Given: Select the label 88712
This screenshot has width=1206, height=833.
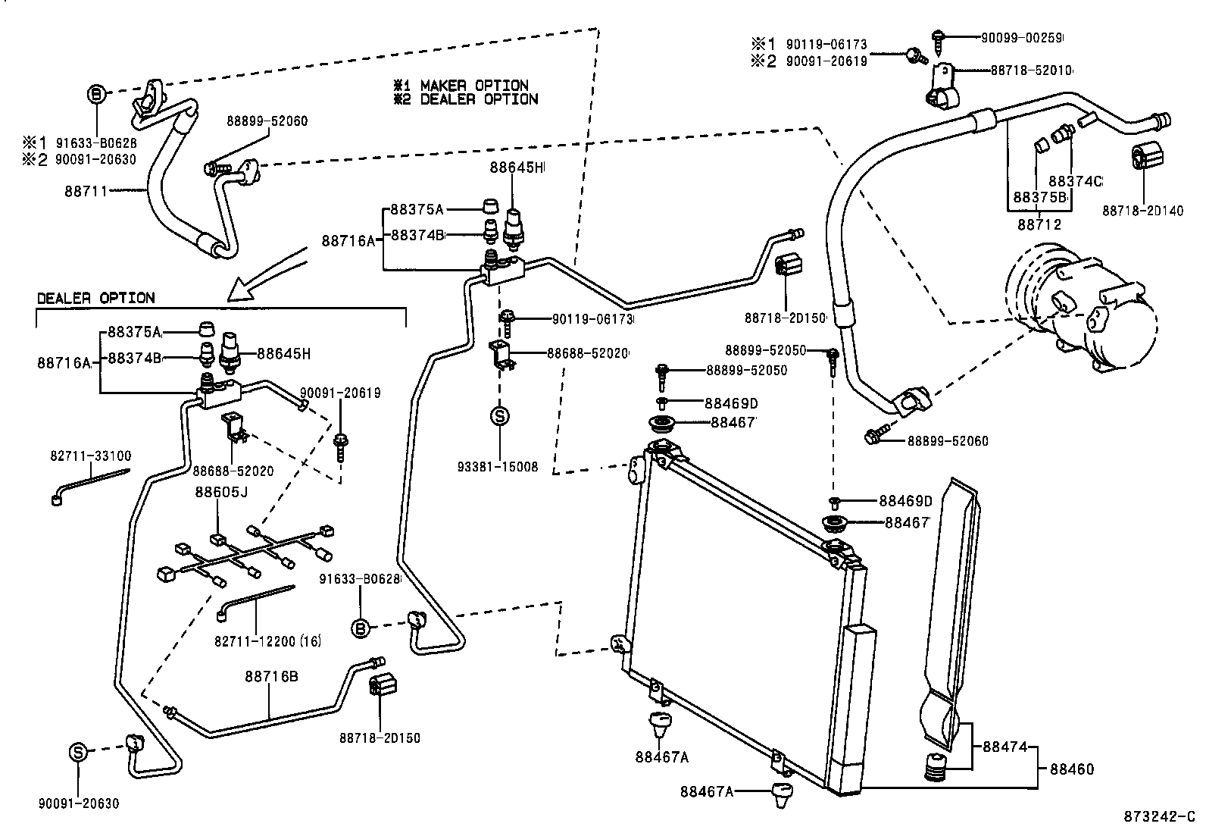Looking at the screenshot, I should coord(1039,224).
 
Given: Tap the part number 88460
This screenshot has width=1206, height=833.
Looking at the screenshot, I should coord(1072,769).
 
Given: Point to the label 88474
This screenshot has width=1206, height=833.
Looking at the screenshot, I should coord(1005,747).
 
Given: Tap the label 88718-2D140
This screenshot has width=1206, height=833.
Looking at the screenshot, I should coord(1142,211).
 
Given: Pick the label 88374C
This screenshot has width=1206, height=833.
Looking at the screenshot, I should coord(1075,181).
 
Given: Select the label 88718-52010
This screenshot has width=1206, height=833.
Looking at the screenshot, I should coord(1031,70).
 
